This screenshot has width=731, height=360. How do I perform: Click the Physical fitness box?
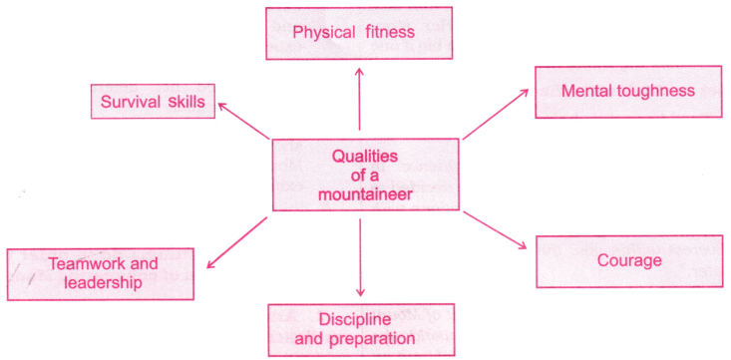pyautogui.click(x=360, y=33)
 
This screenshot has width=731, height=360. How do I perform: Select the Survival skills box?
pyautogui.click(x=153, y=102)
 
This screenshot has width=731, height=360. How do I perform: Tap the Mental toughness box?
pyautogui.click(x=627, y=92)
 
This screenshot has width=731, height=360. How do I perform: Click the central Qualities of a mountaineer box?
pyautogui.click(x=365, y=175)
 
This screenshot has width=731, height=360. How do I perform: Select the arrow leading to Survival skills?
pyautogui.click(x=244, y=119)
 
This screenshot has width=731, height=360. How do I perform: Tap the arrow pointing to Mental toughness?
pyautogui.click(x=496, y=112)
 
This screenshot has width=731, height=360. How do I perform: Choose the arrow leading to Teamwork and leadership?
pyautogui.click(x=235, y=242)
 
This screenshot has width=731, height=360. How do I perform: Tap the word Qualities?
pyautogui.click(x=365, y=157)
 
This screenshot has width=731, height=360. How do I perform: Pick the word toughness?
pyautogui.click(x=655, y=92)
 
